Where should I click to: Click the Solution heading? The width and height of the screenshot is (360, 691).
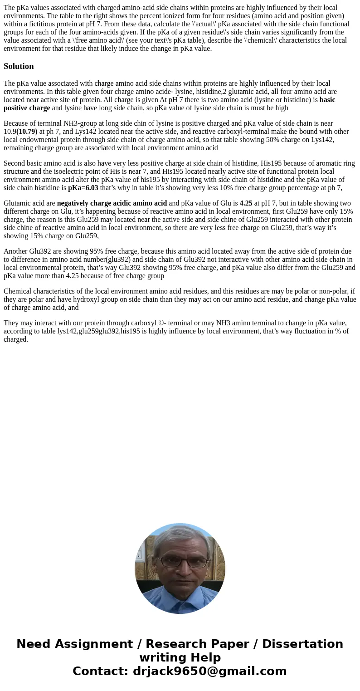(x=19, y=66)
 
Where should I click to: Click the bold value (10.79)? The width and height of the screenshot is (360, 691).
(x=27, y=132)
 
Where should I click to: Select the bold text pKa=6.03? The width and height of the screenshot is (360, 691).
(x=83, y=188)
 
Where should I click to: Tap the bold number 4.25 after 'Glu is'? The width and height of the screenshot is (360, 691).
(x=246, y=203)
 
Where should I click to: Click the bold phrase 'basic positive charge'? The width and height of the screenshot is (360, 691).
(x=27, y=108)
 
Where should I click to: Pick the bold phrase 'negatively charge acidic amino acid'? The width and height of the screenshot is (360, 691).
(x=112, y=203)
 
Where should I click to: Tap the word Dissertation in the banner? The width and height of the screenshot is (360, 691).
(x=302, y=644)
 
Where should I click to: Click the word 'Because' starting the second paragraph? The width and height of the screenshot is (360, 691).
(x=16, y=123)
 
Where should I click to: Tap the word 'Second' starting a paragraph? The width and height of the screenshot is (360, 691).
(x=15, y=163)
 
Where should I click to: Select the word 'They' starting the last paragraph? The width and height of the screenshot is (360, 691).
(x=11, y=323)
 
